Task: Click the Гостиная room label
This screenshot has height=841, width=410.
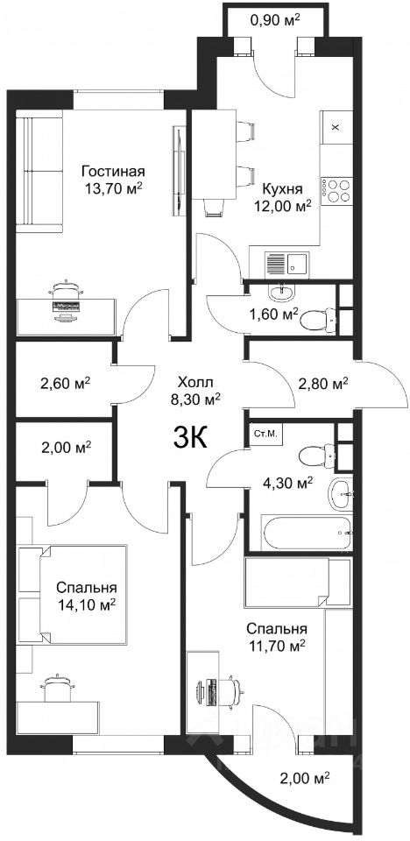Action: point(113,172)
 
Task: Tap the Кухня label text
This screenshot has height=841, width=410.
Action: point(282,189)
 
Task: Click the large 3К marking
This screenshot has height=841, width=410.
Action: point(190,440)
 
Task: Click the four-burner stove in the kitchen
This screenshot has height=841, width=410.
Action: point(336,190)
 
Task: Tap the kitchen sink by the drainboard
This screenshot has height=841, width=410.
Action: point(297,264)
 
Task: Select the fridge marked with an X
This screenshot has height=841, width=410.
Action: point(336,127)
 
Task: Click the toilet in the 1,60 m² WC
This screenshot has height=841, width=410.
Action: point(318,321)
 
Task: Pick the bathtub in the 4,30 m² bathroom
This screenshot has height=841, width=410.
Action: point(307,532)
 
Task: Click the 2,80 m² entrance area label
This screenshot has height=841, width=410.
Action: point(323,384)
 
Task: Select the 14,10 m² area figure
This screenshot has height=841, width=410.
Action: point(88,605)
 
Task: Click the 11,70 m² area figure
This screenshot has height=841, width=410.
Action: point(276,644)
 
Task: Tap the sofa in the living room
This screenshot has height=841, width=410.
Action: point(39,172)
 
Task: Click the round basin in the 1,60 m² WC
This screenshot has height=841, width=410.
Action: point(280,292)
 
